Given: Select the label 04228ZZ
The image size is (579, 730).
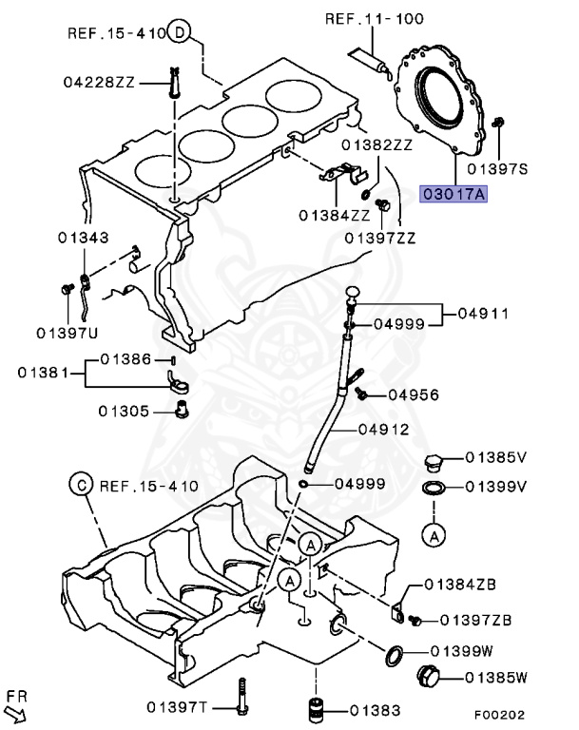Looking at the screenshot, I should (102, 84).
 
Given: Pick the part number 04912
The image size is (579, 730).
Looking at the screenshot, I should (383, 430).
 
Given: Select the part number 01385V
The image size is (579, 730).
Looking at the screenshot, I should (495, 457).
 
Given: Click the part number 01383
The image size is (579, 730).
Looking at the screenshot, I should (374, 709).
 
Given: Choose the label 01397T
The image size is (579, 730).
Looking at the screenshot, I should (178, 706).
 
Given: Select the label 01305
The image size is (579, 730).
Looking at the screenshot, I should (125, 411).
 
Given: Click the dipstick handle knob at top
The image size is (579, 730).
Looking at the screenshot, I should (354, 291).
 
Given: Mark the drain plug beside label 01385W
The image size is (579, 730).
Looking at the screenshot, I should (428, 678).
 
